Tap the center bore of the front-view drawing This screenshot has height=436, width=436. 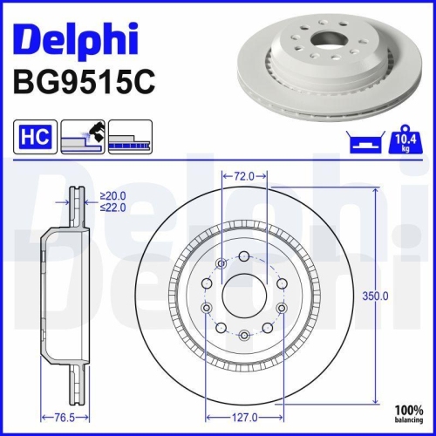[x=244, y=297]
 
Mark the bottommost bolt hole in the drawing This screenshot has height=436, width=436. [x=244, y=336]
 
